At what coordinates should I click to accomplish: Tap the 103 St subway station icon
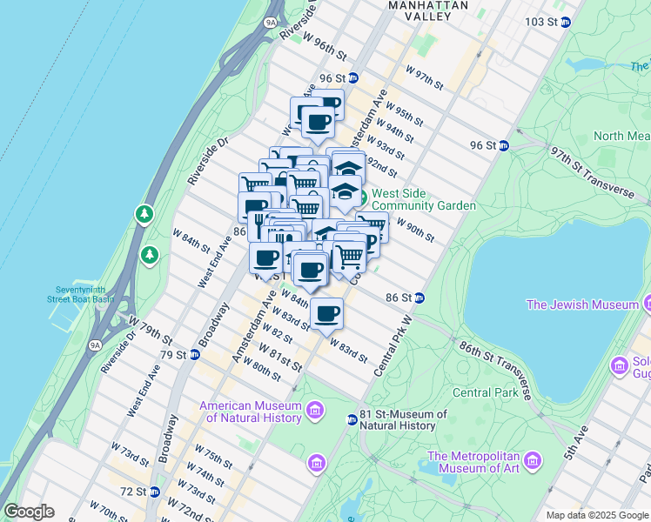coord(565,22)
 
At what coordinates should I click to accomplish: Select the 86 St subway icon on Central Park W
coord(419,298)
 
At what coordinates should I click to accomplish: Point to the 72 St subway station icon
coord(154,492)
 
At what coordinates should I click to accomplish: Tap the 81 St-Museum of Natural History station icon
coord(352,420)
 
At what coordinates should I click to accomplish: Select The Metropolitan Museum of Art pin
coord(533,459)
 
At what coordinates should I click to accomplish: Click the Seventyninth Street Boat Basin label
coord(80,293)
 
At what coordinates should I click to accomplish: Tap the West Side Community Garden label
coord(423,199)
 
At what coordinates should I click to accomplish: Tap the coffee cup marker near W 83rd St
coord(326,313)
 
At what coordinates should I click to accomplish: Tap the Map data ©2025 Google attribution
coord(596,514)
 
